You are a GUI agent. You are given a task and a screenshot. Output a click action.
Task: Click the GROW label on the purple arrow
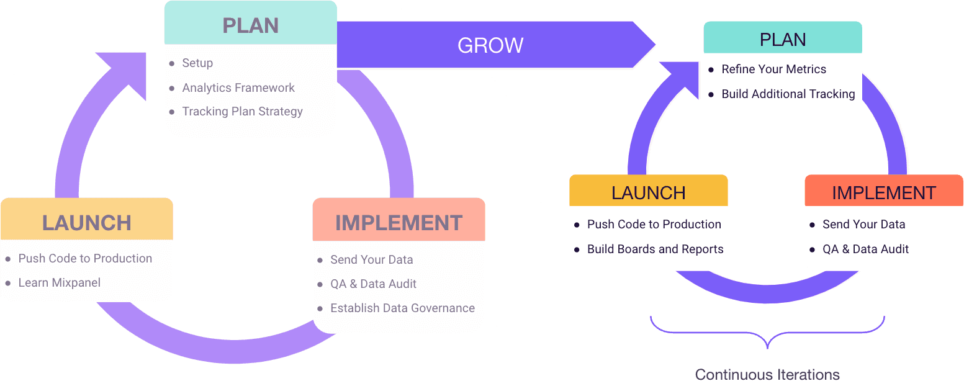pyautogui.click(x=490, y=45)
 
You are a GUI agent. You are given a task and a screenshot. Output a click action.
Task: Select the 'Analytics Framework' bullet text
pyautogui.click(x=238, y=87)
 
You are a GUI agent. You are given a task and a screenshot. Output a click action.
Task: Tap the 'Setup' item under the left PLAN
pyautogui.click(x=197, y=63)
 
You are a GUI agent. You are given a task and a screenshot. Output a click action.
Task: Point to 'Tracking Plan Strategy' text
pyautogui.click(x=242, y=112)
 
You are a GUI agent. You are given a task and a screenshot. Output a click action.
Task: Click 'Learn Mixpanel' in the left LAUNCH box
pyautogui.click(x=59, y=283)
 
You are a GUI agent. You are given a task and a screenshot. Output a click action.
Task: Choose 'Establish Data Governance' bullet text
pyautogui.click(x=402, y=308)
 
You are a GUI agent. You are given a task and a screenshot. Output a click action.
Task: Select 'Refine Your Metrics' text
pyautogui.click(x=773, y=69)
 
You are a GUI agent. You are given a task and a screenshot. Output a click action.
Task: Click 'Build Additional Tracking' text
pyautogui.click(x=788, y=94)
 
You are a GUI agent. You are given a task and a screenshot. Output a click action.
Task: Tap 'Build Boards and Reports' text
pyautogui.click(x=655, y=249)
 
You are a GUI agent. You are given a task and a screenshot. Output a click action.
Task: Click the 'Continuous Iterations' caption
pyautogui.click(x=767, y=374)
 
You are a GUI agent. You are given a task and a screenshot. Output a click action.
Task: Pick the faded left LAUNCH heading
pyautogui.click(x=87, y=223)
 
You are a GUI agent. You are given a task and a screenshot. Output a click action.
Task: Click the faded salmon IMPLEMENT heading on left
pyautogui.click(x=399, y=223)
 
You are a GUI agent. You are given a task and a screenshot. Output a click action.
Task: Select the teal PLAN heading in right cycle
pyautogui.click(x=783, y=40)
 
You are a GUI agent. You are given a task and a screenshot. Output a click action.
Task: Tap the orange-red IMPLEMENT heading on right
pyautogui.click(x=883, y=193)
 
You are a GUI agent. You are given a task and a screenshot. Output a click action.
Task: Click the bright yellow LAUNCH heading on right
pyautogui.click(x=648, y=193)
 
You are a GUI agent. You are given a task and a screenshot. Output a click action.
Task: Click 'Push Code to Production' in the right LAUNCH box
pyautogui.click(x=654, y=225)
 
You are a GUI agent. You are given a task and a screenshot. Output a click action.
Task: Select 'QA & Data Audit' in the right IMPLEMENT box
pyautogui.click(x=865, y=249)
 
